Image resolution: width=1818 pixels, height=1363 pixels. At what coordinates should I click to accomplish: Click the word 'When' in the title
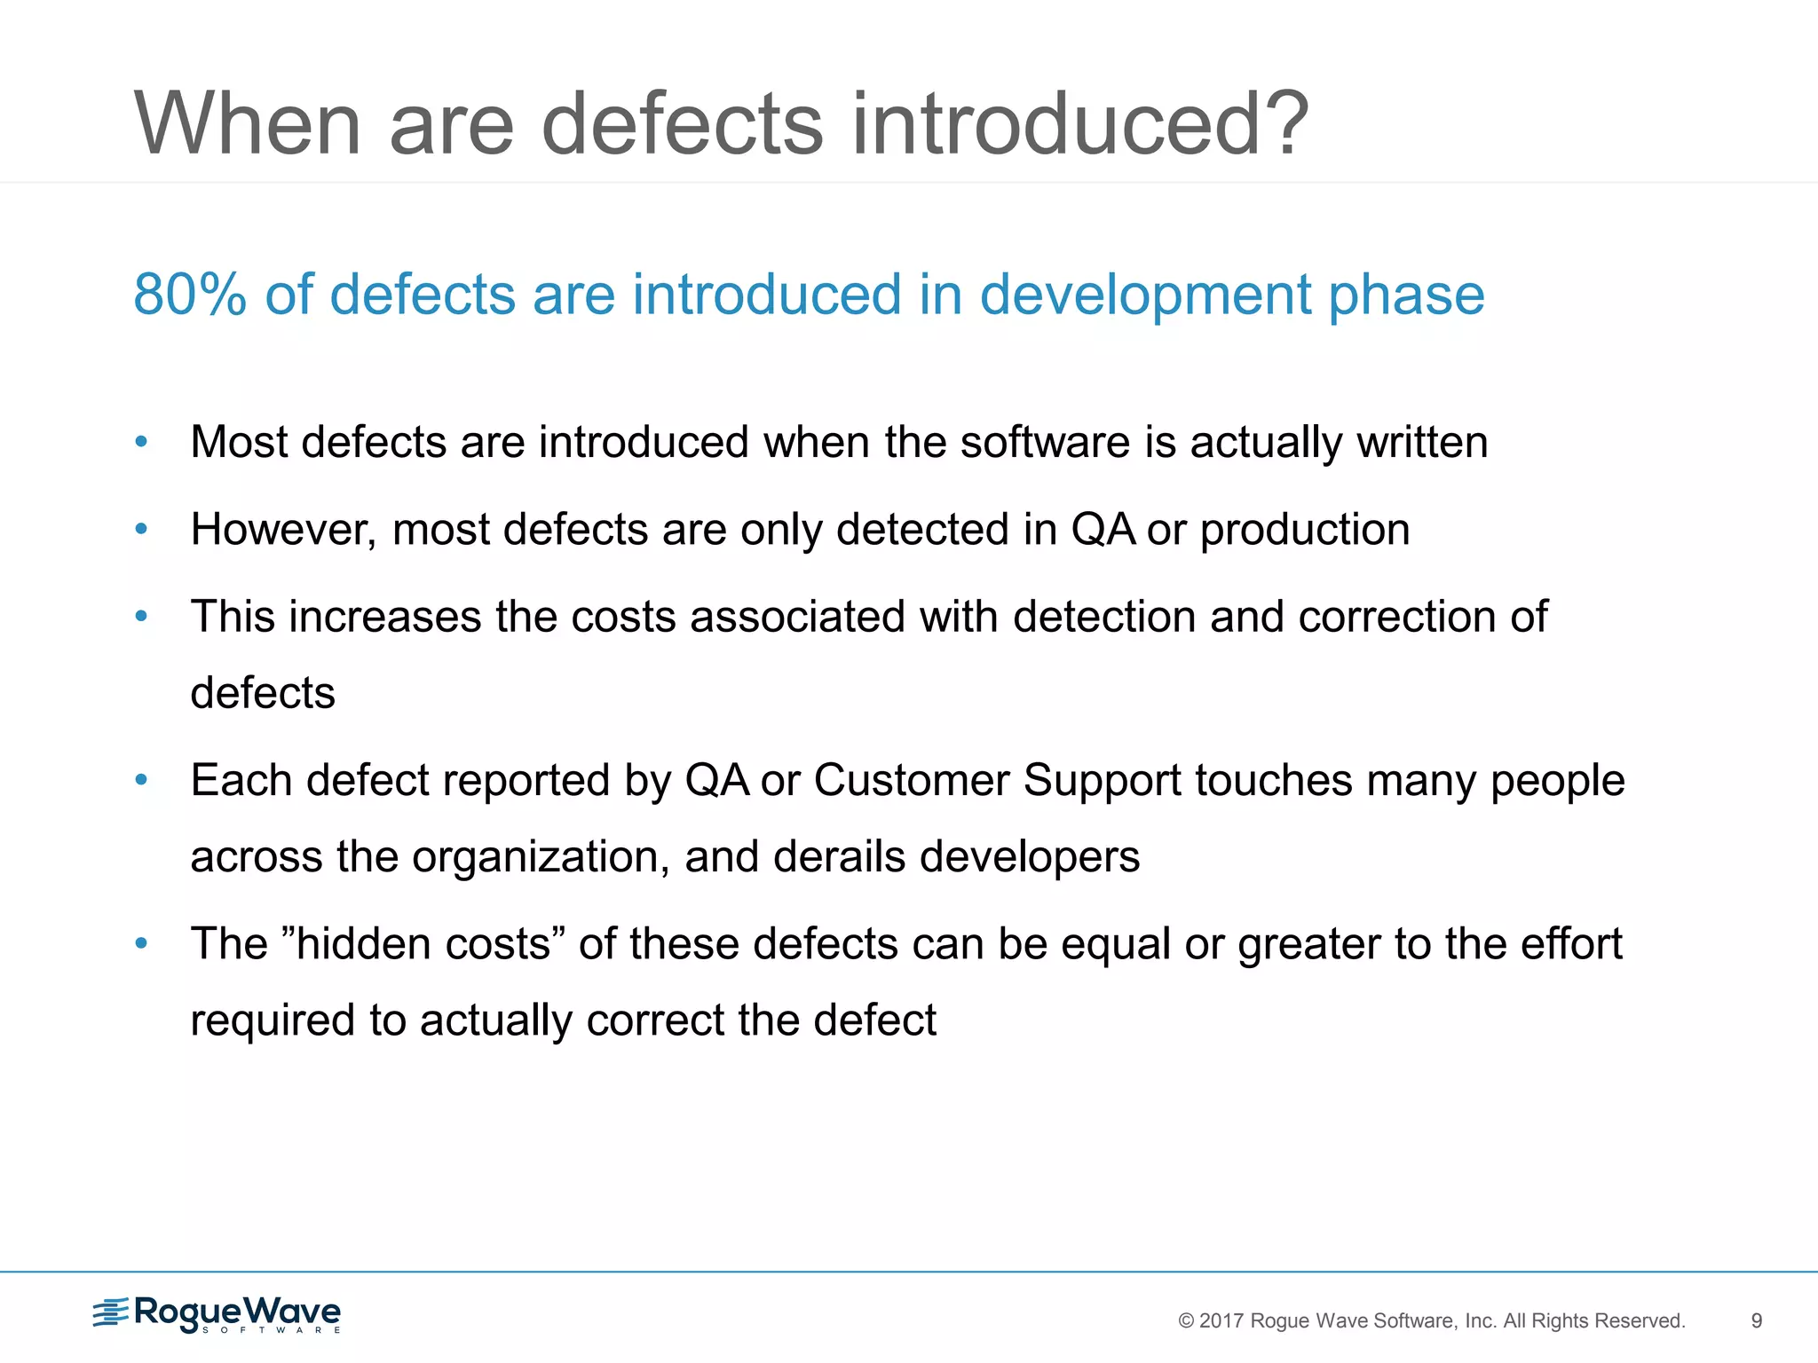click(x=248, y=124)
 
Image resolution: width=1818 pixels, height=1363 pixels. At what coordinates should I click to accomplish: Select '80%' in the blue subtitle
click(x=189, y=295)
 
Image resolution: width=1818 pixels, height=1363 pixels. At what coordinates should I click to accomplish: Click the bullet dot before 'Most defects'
click(x=141, y=441)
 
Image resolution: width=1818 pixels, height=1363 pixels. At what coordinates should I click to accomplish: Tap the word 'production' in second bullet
click(x=1305, y=531)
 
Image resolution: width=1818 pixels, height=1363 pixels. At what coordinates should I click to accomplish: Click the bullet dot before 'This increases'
click(x=141, y=616)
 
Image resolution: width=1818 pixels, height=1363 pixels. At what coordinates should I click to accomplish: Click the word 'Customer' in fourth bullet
click(x=912, y=781)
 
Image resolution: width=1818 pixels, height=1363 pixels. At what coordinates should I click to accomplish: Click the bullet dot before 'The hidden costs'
click(x=141, y=943)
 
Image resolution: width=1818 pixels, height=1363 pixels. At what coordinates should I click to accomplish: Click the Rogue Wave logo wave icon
click(x=111, y=1312)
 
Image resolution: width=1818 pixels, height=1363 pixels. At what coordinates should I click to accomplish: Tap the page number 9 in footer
click(x=1756, y=1320)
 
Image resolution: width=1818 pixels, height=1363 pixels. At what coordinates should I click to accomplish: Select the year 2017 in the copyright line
click(x=1221, y=1320)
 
